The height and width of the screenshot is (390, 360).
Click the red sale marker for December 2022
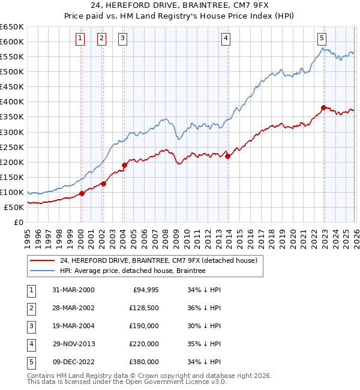323,108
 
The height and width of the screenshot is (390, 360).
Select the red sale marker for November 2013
228,156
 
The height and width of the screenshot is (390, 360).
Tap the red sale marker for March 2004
124,165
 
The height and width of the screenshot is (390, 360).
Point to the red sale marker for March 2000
82,193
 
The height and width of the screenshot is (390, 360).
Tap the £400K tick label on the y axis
11,102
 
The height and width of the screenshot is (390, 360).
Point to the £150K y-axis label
11,177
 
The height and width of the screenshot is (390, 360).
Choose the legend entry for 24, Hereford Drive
158,260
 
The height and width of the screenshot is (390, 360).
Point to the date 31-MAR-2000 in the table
73,290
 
